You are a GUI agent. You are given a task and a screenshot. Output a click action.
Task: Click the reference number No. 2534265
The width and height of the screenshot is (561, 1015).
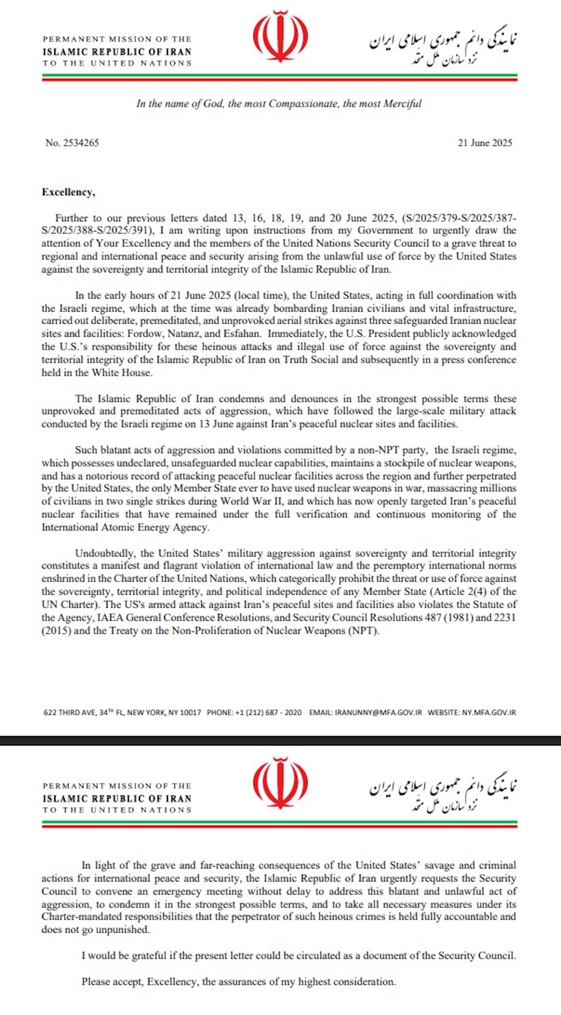click(72, 143)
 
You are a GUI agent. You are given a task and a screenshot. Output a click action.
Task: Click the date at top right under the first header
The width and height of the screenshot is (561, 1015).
click(485, 143)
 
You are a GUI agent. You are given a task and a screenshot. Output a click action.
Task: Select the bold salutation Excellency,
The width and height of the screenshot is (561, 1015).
click(69, 192)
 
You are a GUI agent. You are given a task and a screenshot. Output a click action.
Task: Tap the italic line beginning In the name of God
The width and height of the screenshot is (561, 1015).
click(279, 104)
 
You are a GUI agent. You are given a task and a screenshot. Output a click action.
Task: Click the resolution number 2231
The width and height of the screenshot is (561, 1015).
click(504, 618)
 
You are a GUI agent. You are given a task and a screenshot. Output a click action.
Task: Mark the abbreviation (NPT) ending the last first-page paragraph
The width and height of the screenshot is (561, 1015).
click(362, 631)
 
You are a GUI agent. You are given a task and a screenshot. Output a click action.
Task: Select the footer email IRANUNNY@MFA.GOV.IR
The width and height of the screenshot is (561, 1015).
click(378, 713)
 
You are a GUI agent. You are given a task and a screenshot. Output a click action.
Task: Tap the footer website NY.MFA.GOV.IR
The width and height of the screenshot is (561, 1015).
click(489, 713)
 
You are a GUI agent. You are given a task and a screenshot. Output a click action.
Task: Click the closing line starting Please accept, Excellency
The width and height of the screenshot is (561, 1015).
click(238, 982)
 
